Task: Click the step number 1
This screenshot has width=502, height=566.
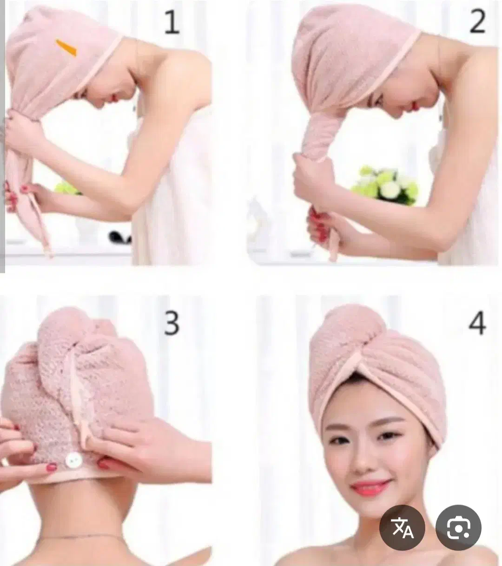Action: click(x=172, y=22)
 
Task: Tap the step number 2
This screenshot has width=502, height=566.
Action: click(x=478, y=21)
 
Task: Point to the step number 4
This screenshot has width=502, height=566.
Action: click(x=477, y=323)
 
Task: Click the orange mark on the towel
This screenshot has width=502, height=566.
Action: click(x=66, y=48)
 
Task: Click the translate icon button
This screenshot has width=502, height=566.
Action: click(x=402, y=527)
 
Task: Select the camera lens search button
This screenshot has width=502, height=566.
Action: click(x=458, y=527)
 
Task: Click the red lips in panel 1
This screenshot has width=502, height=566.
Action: click(x=115, y=97)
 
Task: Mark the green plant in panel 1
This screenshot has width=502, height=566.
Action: click(x=66, y=189)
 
